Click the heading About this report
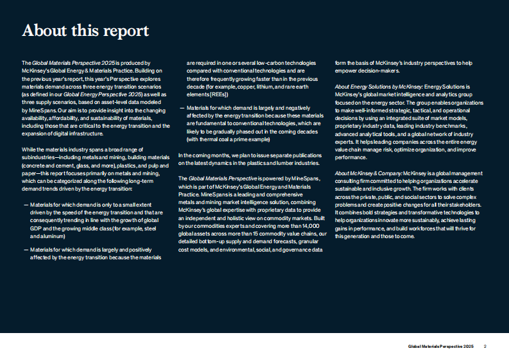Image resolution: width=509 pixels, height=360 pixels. [x=85, y=30]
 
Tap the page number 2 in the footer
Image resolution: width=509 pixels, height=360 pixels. [x=485, y=347]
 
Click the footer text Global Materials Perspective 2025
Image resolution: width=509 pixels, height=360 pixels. [x=440, y=347]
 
